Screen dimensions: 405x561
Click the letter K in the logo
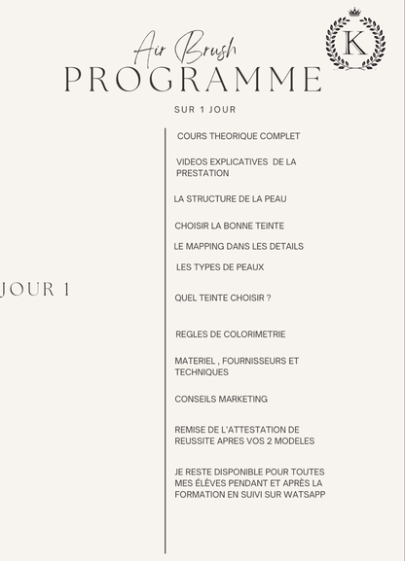coord(355,44)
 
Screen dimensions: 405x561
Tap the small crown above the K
coord(355,13)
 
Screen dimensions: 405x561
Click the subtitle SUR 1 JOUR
coord(204,109)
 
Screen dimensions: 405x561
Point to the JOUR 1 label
coord(36,290)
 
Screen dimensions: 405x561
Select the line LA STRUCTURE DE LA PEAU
coord(230,198)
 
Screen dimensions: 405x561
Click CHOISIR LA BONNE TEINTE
coord(230,226)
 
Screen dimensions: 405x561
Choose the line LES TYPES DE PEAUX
coord(220,266)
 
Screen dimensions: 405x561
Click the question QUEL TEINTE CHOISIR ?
coord(222,298)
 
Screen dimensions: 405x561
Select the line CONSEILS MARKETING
coord(221,399)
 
